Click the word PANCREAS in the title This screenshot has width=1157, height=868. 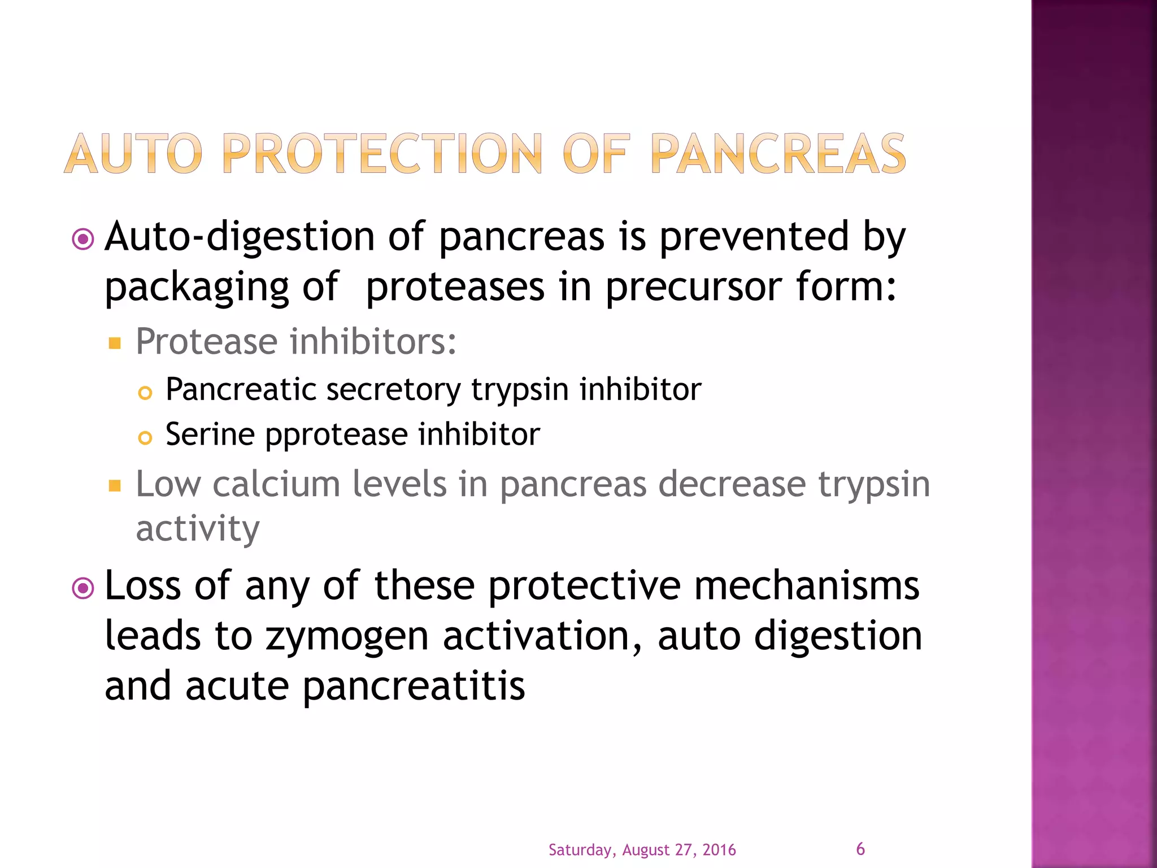point(778,154)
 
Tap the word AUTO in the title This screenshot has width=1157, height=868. point(133,154)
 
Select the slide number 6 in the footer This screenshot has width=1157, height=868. point(860,849)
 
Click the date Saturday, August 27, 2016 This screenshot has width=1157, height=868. point(642,850)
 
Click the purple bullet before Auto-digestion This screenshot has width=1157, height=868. point(84,240)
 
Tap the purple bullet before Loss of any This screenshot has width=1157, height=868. point(84,589)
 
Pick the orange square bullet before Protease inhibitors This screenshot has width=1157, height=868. point(115,343)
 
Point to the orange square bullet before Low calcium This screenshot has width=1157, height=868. point(115,485)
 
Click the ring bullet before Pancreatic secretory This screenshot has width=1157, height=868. point(145,393)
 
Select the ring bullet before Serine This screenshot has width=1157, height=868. point(145,438)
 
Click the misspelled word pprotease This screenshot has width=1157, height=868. point(337,435)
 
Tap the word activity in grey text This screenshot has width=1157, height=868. point(198,530)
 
